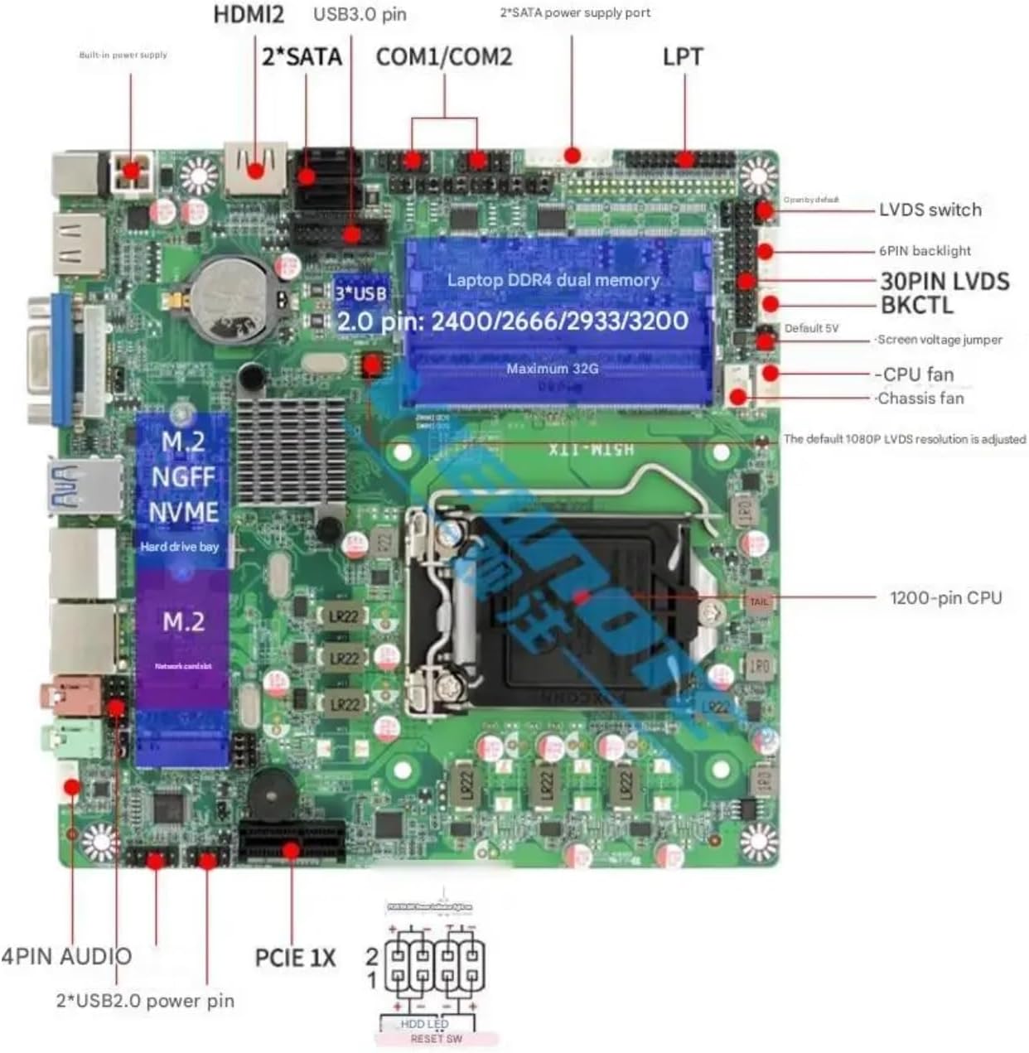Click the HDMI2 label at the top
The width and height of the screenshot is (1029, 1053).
coord(249,14)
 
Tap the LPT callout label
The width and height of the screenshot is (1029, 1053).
coord(683,56)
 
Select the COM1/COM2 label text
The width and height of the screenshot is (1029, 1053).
coord(444,56)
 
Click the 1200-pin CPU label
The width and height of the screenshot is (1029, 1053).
coord(945,597)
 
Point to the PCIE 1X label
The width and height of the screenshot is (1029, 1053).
coord(295,958)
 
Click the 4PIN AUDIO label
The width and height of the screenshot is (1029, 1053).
coord(66,956)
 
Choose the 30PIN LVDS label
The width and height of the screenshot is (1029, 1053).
coord(944,281)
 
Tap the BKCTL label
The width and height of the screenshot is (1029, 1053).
coord(916,305)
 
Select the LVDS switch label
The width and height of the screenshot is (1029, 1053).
coord(930,210)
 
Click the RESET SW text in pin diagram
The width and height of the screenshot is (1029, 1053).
coord(436,1039)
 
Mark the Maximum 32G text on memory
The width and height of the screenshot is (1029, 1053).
coord(552,369)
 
